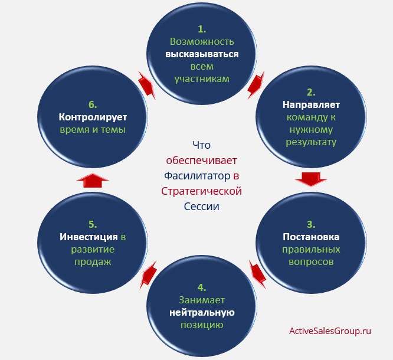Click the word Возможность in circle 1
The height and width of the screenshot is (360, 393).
(202, 42)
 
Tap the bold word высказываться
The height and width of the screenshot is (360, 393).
(202, 54)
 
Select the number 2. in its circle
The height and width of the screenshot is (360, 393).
(311, 93)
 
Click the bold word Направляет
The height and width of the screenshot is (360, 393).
(311, 105)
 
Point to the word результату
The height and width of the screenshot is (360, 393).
(311, 142)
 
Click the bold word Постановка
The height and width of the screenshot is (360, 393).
(311, 237)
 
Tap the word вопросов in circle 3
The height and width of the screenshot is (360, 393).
(311, 262)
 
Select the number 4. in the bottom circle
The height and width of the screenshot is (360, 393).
(202, 287)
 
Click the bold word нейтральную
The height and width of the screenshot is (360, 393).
(202, 313)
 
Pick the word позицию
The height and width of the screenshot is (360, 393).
(202, 325)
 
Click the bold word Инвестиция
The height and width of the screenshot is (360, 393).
(89, 237)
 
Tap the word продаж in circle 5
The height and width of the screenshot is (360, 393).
(93, 262)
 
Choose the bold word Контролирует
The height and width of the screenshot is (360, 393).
(93, 117)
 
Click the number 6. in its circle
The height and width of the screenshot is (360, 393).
(93, 104)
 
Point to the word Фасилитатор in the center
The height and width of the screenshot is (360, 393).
(197, 176)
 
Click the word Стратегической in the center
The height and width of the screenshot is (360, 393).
(201, 191)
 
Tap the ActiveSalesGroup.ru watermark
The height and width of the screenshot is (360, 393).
(330, 331)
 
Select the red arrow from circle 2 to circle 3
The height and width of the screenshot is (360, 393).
(311, 179)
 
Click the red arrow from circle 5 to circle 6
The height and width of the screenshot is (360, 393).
(93, 181)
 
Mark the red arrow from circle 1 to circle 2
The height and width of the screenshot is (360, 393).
(256, 85)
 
